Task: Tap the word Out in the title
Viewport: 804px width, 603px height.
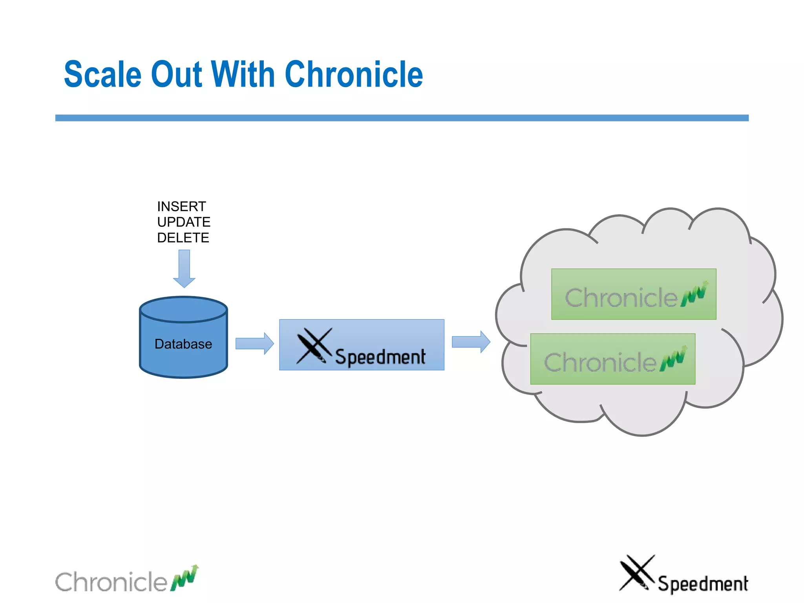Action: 176,75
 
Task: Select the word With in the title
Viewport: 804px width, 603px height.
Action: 243,75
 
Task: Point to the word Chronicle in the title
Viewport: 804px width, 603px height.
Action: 354,75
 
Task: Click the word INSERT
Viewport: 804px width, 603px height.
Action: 181,206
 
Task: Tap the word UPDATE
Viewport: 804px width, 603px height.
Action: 184,222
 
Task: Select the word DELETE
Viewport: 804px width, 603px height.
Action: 183,238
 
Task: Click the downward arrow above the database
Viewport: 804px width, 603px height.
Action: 184,269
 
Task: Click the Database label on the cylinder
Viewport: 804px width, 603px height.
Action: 183,344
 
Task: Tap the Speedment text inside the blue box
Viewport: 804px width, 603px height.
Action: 380,357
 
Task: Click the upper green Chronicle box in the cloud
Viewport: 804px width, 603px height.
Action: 634,294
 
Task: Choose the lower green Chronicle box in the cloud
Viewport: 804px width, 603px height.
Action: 612,359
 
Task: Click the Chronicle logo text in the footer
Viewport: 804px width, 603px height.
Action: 111,582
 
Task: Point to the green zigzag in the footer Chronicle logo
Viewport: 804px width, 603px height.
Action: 185,578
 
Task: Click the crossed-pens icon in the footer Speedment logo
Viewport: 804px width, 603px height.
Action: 636,573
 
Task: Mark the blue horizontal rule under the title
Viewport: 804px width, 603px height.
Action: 402,118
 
